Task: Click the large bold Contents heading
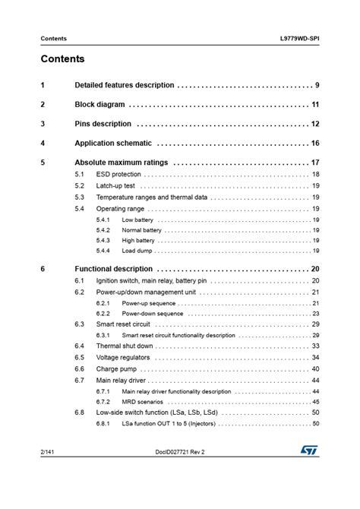pyautogui.click(x=62, y=58)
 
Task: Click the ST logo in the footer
pyautogui.click(x=307, y=473)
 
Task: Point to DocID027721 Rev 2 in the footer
pyautogui.click(x=179, y=473)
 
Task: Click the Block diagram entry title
pyautogui.click(x=100, y=104)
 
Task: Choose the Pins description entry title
pyautogui.click(x=103, y=124)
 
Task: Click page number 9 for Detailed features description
pyautogui.click(x=317, y=84)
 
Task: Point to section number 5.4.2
pyautogui.click(x=103, y=229)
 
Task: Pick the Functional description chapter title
pyautogui.click(x=113, y=269)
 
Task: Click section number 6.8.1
pyautogui.click(x=103, y=423)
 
